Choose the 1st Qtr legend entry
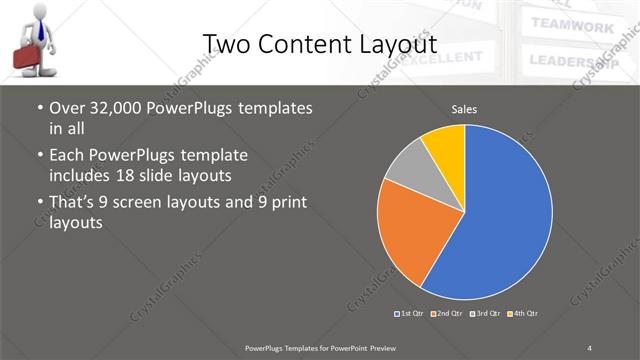tap(411, 314)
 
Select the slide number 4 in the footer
tap(590, 347)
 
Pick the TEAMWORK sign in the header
tap(572, 25)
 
